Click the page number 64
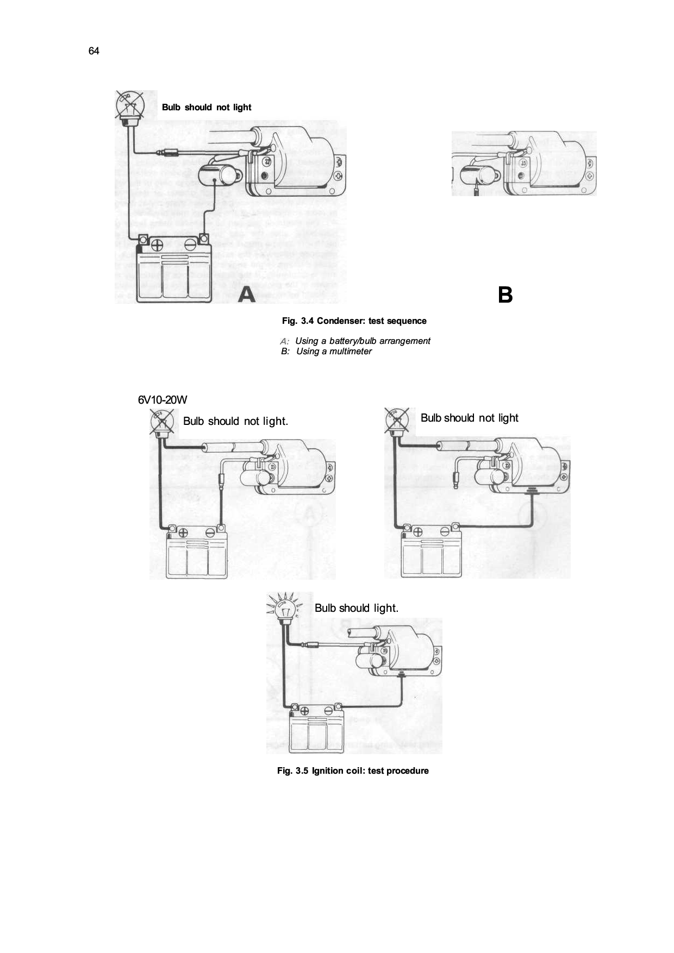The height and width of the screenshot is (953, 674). (x=93, y=51)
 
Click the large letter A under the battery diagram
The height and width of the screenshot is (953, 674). (x=247, y=294)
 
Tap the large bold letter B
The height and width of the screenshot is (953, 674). (x=505, y=295)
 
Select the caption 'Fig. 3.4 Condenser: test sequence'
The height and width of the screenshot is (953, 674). (x=354, y=321)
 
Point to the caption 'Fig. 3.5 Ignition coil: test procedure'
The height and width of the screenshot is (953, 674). (x=353, y=770)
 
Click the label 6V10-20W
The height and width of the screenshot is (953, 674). (x=162, y=400)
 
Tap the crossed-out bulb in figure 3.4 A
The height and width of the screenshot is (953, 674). (x=129, y=105)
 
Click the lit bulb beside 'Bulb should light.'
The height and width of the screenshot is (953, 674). (x=284, y=607)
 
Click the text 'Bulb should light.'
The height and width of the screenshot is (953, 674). (x=356, y=608)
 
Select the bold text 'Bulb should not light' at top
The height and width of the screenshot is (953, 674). (x=207, y=107)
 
